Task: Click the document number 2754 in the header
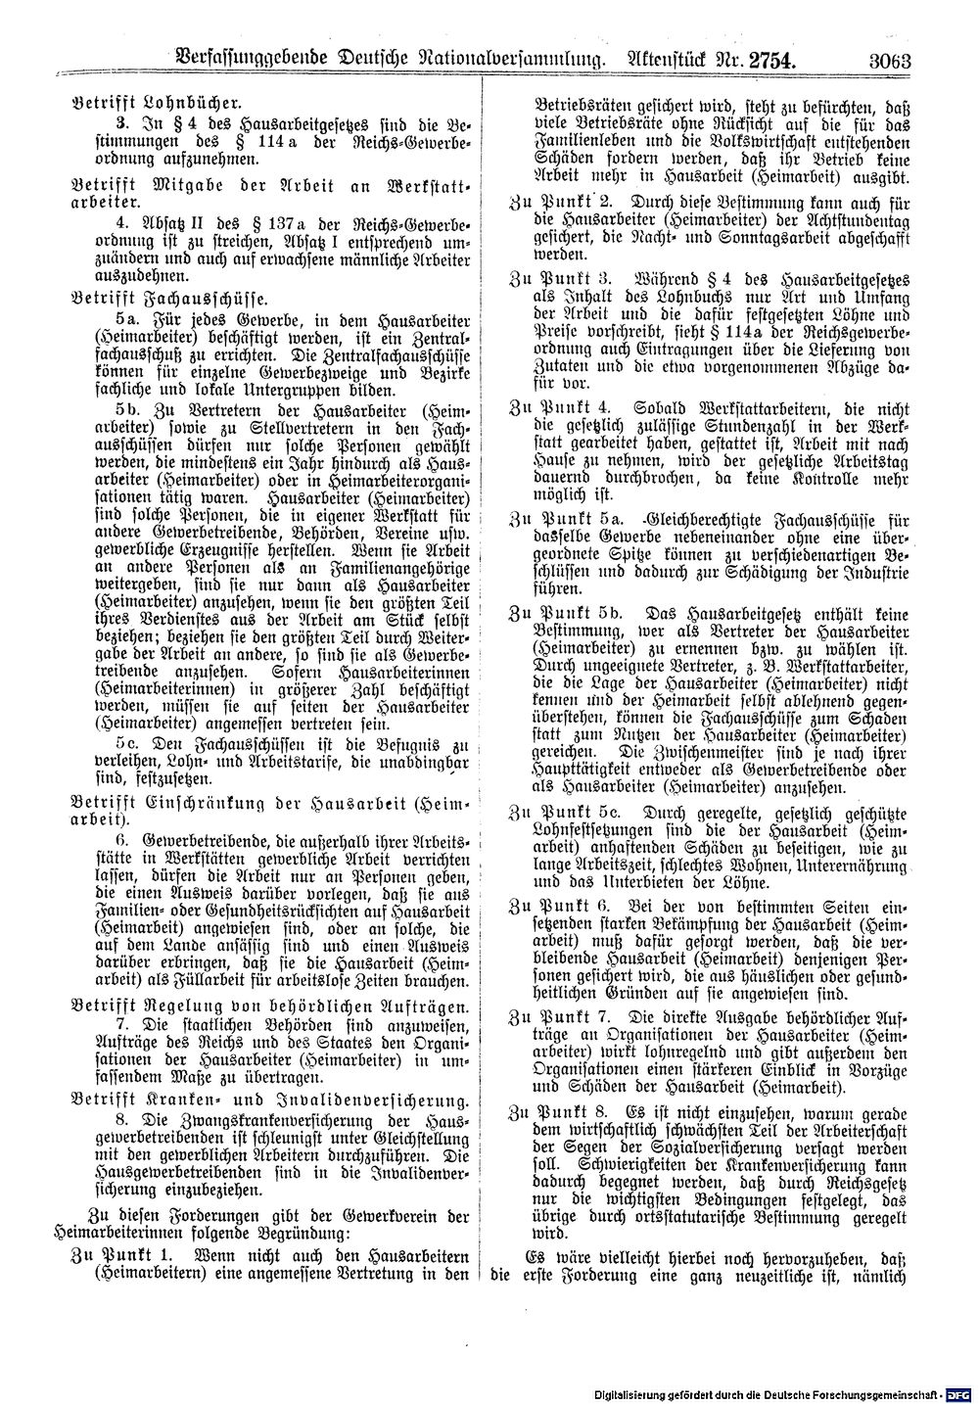pyautogui.click(x=770, y=60)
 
